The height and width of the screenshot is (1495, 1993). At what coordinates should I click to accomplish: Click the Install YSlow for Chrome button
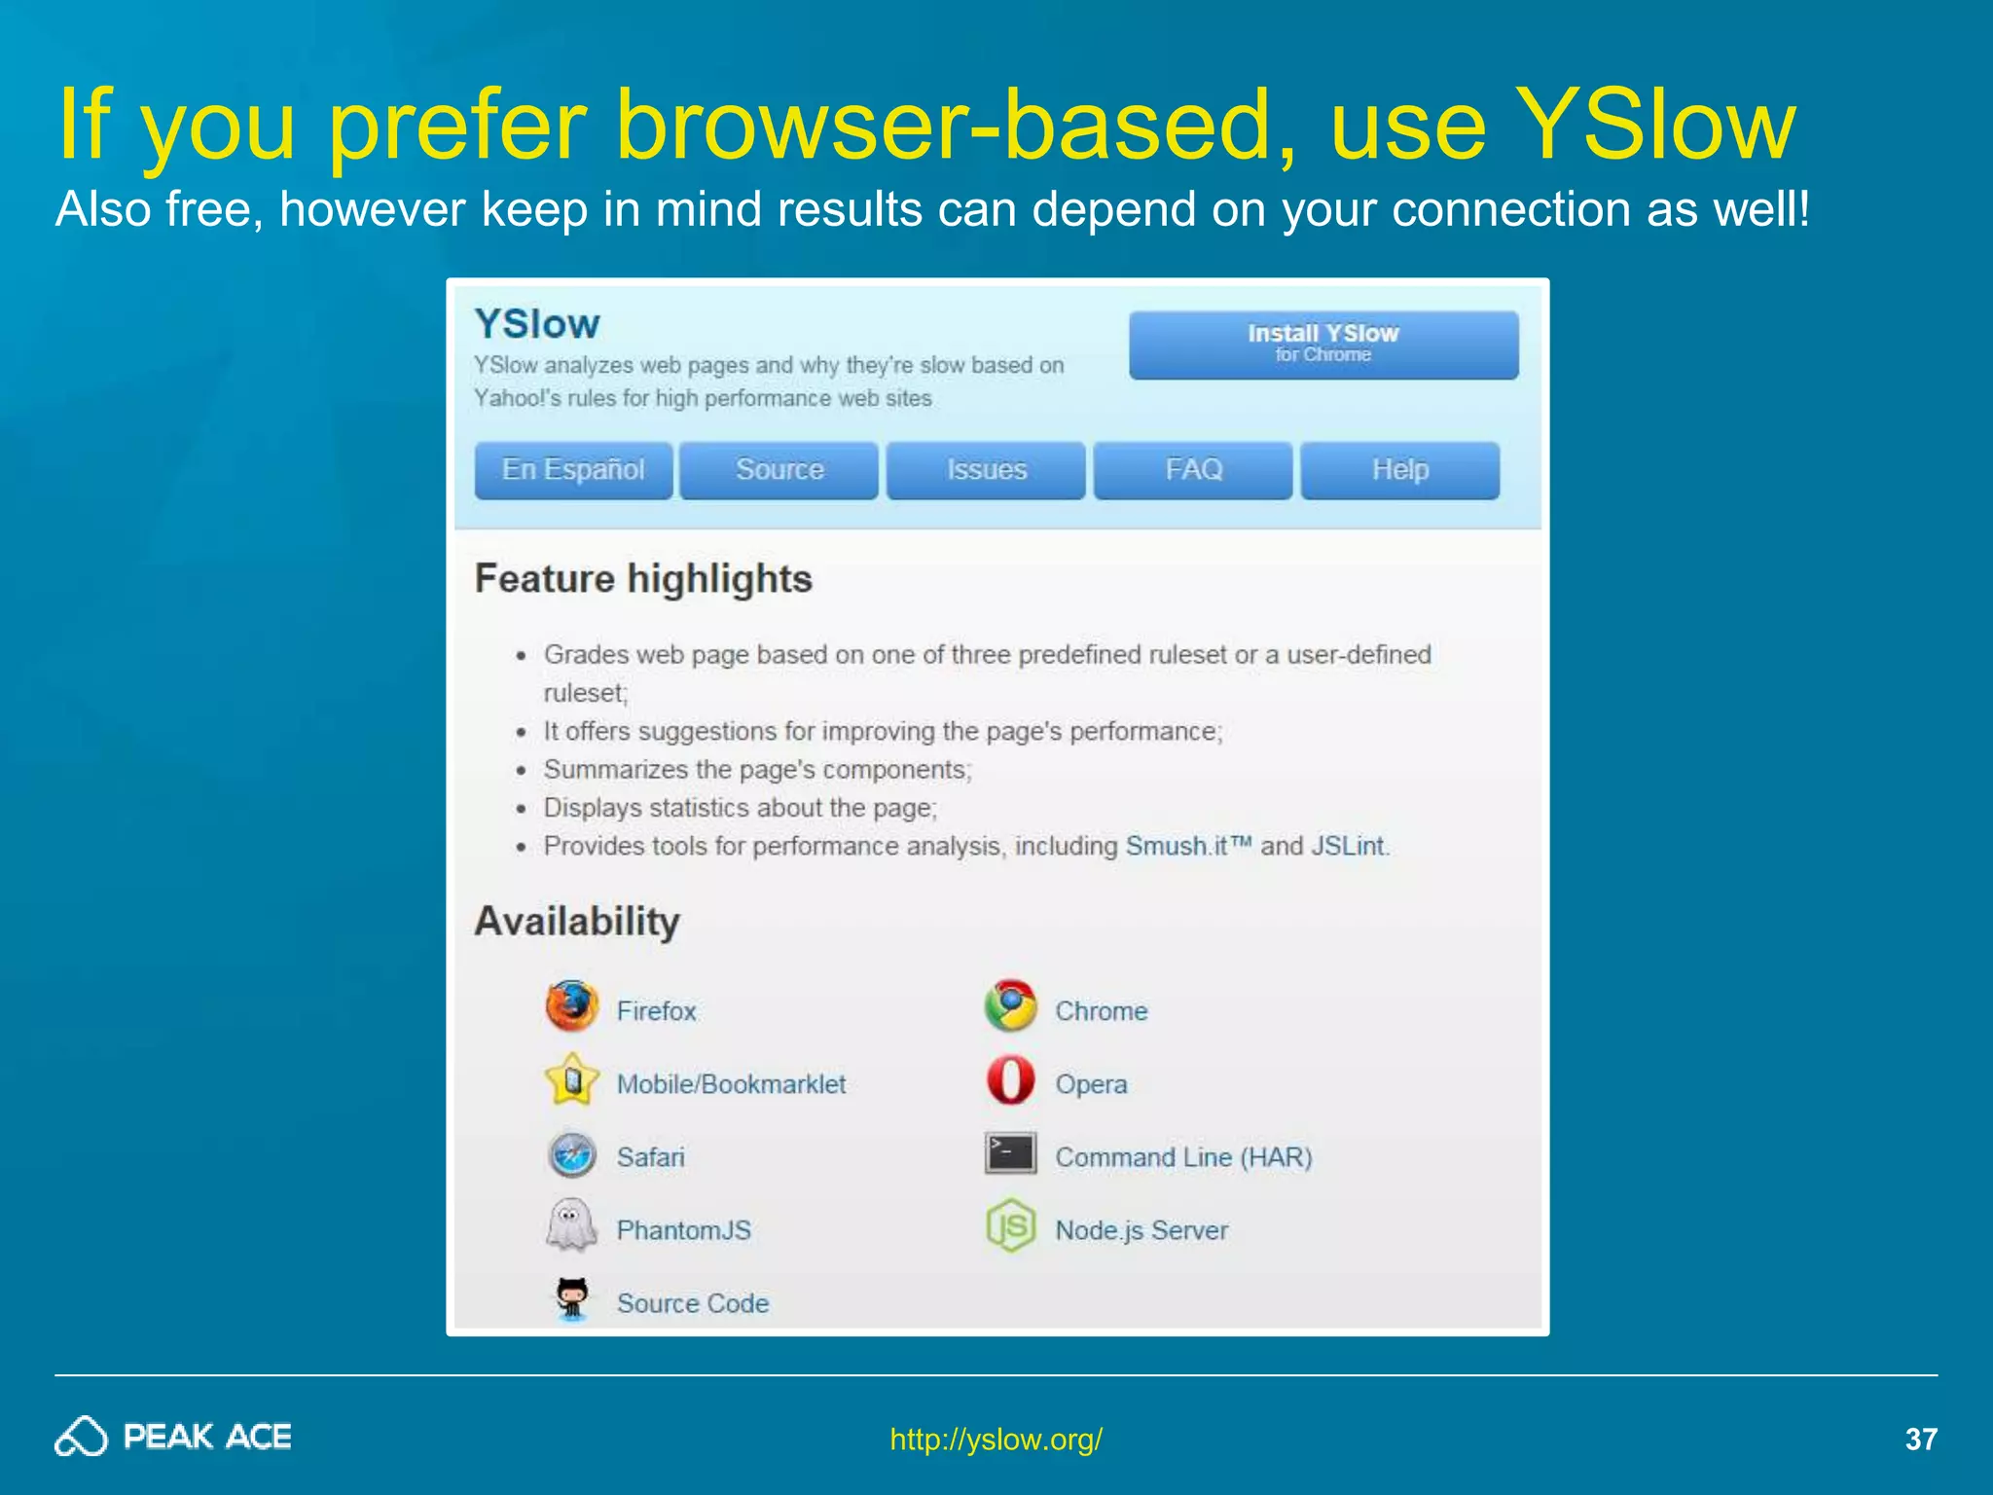coord(1323,345)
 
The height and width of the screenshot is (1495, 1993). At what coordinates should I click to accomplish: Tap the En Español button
coord(573,470)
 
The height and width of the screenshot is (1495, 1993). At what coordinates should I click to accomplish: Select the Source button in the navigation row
coord(779,470)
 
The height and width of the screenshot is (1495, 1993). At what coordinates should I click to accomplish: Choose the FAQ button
coord(1193,470)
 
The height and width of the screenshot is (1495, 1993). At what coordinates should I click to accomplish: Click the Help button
coord(1400,470)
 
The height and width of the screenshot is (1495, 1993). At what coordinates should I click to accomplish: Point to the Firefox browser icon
coord(572,1006)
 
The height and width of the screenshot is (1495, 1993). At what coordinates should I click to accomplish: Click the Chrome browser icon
coord(1010,1006)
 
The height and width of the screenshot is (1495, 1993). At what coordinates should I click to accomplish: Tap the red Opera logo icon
coord(1010,1080)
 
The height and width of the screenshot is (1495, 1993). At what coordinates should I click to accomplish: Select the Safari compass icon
coord(572,1155)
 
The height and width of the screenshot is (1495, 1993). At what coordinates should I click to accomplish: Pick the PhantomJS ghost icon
coord(572,1225)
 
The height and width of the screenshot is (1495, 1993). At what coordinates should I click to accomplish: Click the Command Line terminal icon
coord(1010,1153)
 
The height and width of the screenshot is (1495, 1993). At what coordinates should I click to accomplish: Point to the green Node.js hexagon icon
coord(1010,1225)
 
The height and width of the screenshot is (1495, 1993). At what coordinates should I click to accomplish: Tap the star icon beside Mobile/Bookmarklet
coord(572,1080)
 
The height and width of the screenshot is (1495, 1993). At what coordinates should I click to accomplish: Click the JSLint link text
coord(1347,846)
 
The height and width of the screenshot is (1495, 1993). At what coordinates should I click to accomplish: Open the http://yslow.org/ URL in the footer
coord(996,1439)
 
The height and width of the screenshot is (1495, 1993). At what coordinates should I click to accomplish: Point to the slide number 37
coord(1920,1439)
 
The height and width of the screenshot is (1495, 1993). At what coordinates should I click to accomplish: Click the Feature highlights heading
coord(643,579)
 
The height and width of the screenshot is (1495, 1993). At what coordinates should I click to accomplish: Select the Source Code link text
coord(693,1303)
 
